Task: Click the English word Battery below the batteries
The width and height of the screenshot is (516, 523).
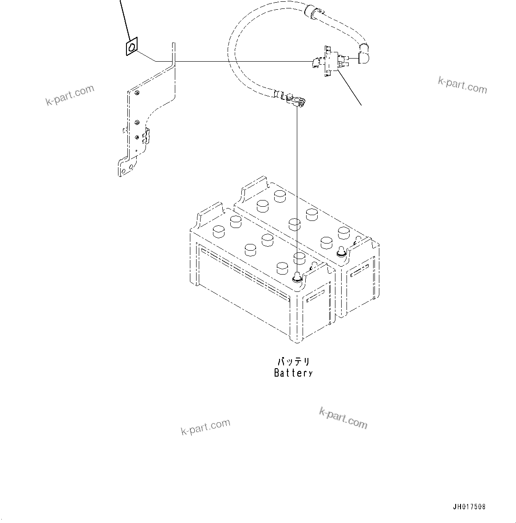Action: [293, 373]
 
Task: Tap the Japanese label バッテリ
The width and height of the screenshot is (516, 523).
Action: [293, 362]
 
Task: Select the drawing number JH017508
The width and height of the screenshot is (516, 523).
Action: [469, 507]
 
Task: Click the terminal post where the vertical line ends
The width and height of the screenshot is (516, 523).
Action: [296, 279]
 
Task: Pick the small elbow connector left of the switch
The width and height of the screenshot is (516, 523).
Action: [315, 63]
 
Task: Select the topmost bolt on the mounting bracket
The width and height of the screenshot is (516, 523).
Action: [138, 93]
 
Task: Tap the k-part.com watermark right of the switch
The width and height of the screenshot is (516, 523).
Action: [462, 85]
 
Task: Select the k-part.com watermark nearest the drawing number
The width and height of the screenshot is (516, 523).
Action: [343, 418]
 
